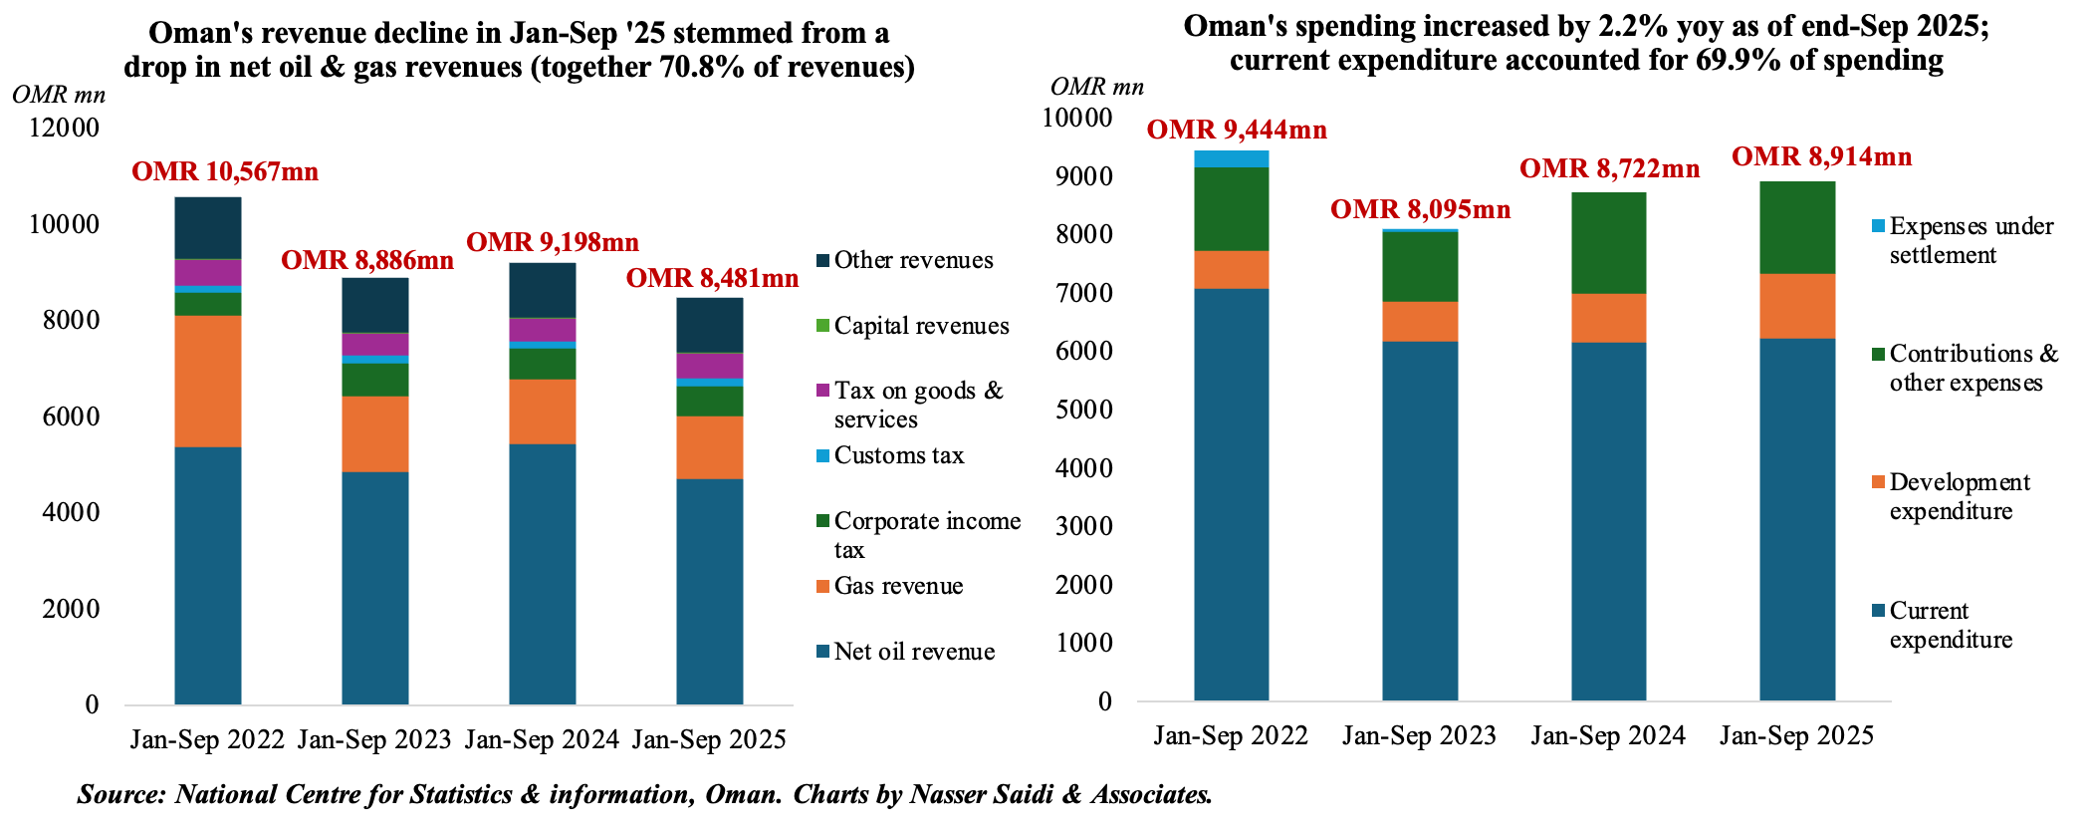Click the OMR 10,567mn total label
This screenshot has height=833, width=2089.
225,172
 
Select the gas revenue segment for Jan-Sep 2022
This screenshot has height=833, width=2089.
208,381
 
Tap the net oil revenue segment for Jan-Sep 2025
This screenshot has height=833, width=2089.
710,591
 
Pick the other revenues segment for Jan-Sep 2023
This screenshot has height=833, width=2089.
375,305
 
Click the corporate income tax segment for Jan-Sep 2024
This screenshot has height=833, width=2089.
543,364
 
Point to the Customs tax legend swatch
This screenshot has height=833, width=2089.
822,456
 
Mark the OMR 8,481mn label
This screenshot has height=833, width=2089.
712,278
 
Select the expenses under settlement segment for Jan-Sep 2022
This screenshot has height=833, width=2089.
1232,158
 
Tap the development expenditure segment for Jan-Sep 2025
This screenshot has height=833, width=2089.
1797,306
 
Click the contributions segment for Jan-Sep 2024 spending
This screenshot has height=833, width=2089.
1609,243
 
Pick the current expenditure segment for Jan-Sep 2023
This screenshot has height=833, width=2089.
1420,520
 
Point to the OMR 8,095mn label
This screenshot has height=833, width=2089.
1421,209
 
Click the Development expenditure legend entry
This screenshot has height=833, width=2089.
1959,496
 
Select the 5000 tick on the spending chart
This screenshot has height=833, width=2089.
1083,410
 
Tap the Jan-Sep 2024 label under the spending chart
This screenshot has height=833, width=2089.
1608,736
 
